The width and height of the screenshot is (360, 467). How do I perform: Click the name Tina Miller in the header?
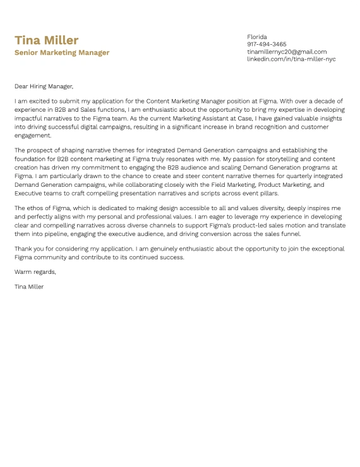click(x=46, y=40)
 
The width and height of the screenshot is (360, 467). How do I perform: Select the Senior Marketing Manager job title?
click(x=62, y=53)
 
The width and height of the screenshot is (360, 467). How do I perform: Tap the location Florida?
click(x=257, y=37)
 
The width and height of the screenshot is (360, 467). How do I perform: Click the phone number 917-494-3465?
click(x=267, y=44)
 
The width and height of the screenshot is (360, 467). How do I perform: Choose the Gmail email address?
click(x=287, y=52)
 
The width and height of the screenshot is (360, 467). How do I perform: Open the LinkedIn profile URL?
click(x=291, y=59)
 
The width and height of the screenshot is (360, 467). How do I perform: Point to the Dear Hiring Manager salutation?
click(x=44, y=86)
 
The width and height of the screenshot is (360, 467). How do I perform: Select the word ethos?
click(x=33, y=208)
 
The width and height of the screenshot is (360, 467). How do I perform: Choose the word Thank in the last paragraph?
click(x=23, y=249)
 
